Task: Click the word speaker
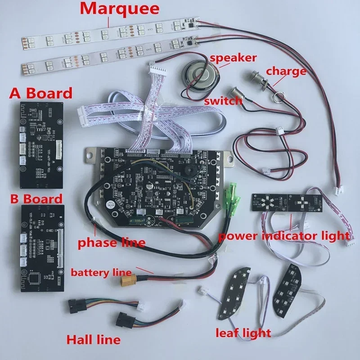[233, 58]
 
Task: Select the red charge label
[286, 71]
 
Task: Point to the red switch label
[223, 101]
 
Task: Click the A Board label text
[41, 93]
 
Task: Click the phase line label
[112, 243]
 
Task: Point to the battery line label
[101, 272]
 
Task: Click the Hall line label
[93, 339]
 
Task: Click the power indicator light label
[284, 235]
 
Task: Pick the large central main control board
[157, 184]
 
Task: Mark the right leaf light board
[287, 286]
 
